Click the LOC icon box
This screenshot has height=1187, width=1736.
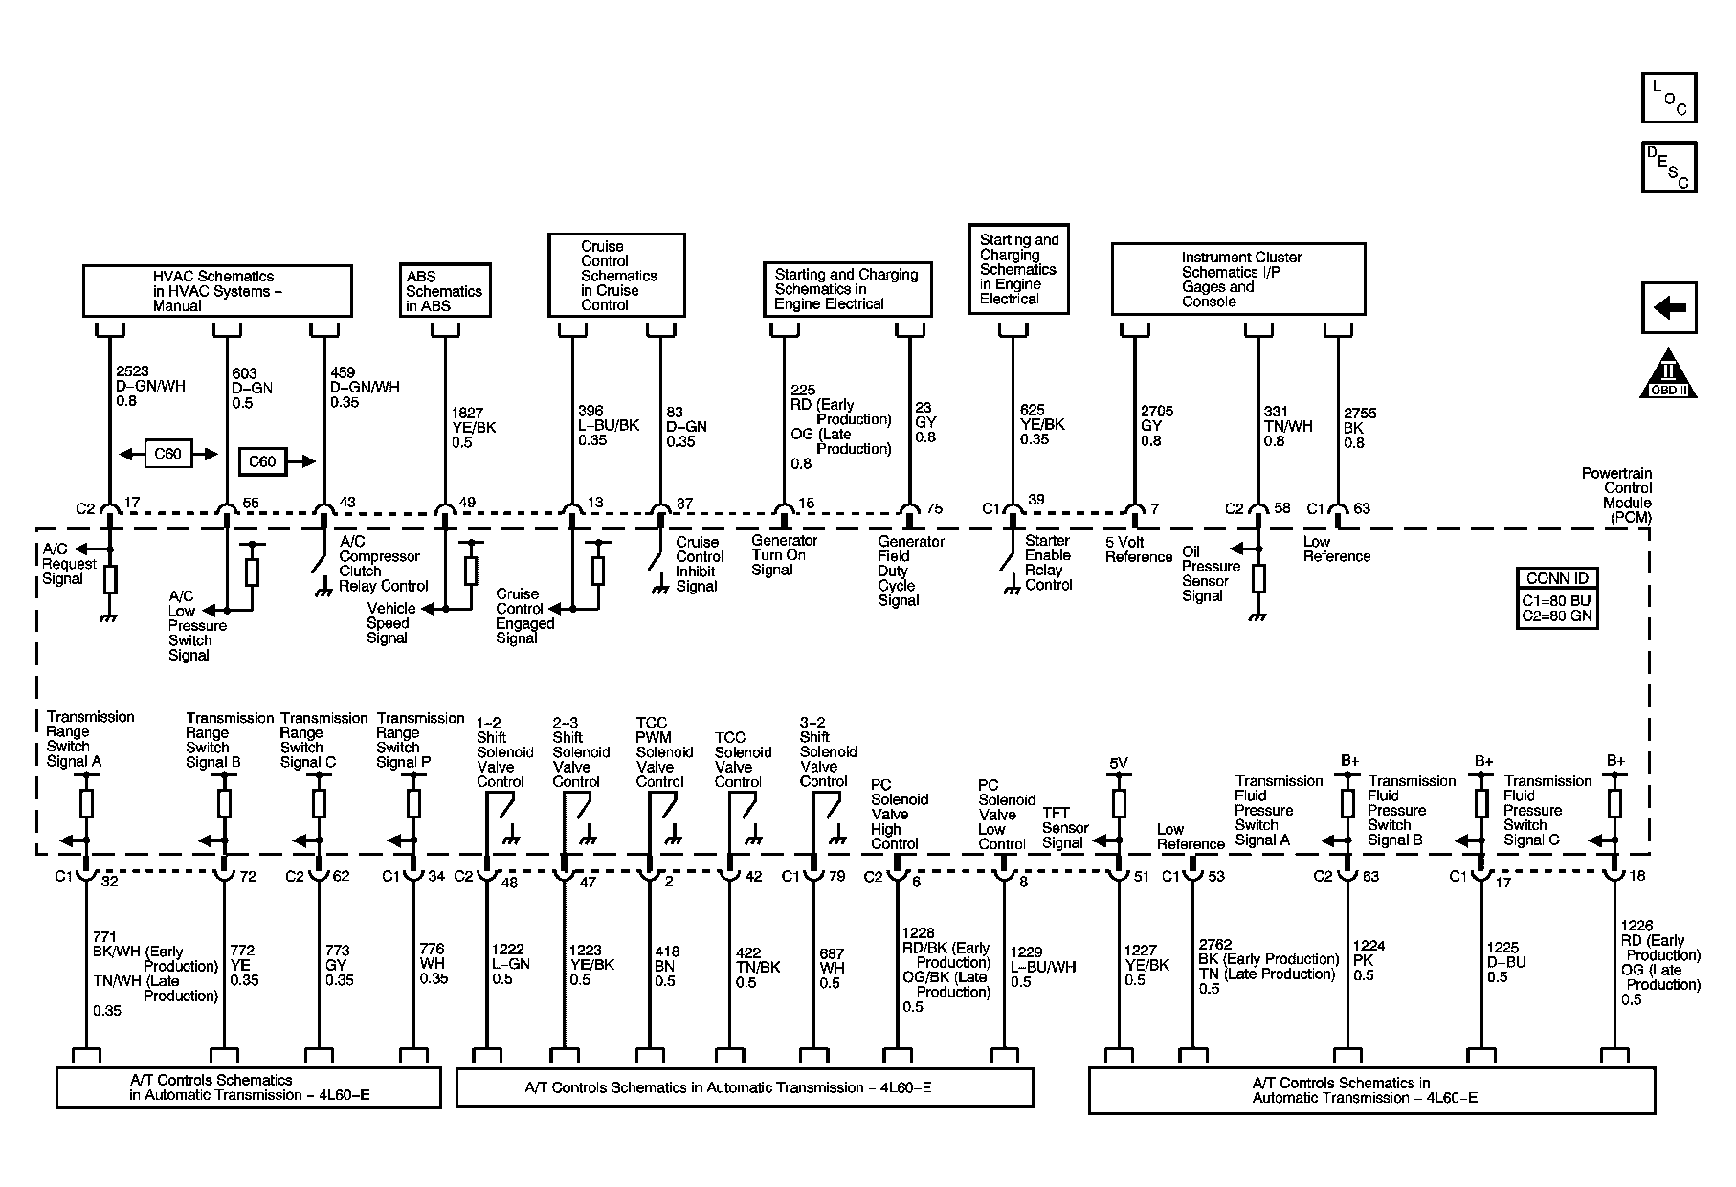[x=1669, y=98]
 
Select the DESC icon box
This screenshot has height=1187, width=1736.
[x=1669, y=167]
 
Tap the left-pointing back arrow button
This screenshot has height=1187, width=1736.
[x=1669, y=307]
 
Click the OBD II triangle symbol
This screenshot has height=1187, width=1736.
[x=1669, y=373]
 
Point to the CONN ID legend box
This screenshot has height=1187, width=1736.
[x=1557, y=598]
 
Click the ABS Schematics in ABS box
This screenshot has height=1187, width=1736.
[x=445, y=290]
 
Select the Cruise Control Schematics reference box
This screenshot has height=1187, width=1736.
[x=616, y=275]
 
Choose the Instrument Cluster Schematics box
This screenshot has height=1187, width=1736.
[x=1238, y=279]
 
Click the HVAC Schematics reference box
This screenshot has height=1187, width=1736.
[x=217, y=291]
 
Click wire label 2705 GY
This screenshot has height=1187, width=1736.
[x=1157, y=426]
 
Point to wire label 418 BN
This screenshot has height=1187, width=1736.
[x=667, y=966]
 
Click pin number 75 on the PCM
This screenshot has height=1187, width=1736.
[x=935, y=508]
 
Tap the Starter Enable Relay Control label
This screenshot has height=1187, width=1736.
[x=1049, y=563]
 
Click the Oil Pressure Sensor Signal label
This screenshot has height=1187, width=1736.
[x=1211, y=573]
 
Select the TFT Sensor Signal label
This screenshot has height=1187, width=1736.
[x=1065, y=828]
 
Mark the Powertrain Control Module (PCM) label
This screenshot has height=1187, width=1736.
[x=1616, y=496]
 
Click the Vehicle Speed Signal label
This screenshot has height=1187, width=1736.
[x=391, y=623]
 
